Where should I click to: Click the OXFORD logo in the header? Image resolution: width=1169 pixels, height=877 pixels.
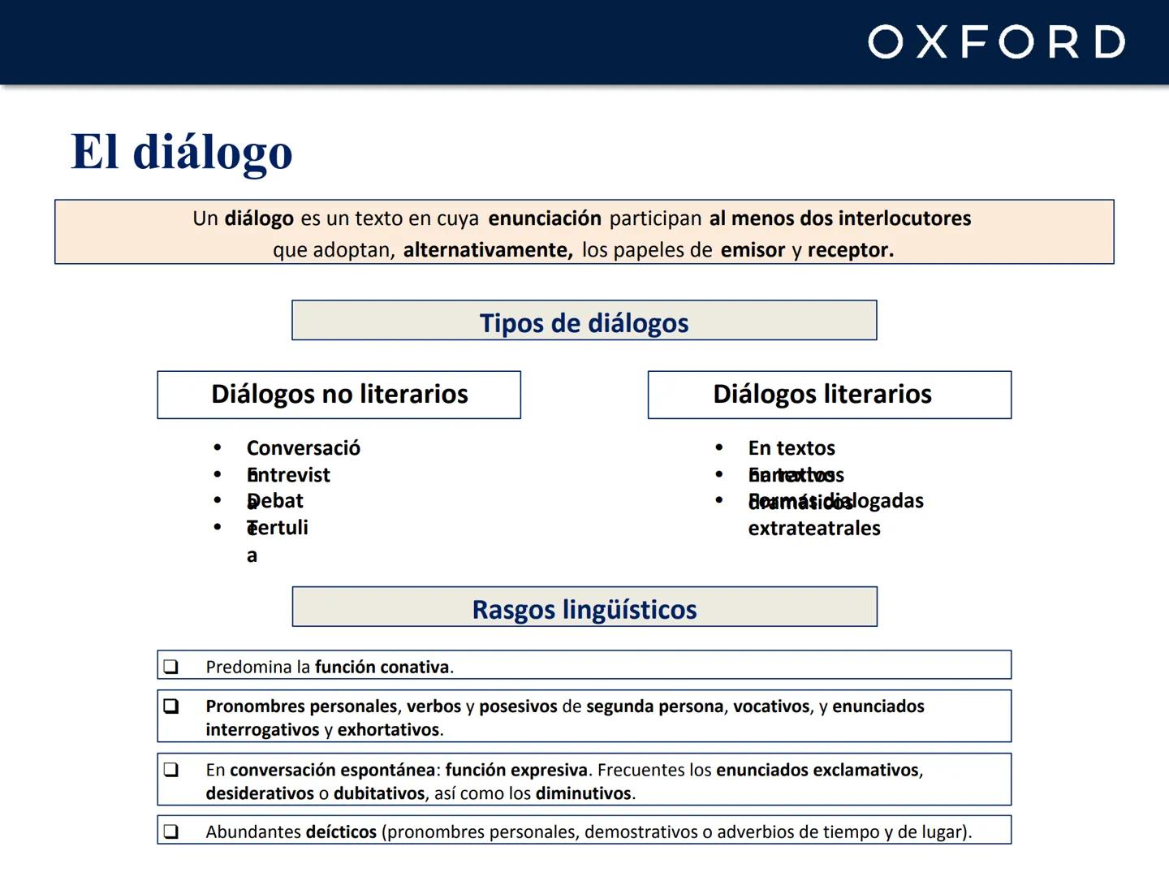click(x=996, y=41)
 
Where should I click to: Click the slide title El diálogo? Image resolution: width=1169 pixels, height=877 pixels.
click(x=182, y=152)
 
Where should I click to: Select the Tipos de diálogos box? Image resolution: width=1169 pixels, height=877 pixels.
click(x=584, y=322)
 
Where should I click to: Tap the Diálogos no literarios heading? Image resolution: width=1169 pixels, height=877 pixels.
click(x=339, y=395)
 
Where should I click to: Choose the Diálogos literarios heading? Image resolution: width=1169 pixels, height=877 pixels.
click(x=822, y=395)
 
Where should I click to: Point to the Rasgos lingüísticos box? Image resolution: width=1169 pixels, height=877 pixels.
click(x=584, y=608)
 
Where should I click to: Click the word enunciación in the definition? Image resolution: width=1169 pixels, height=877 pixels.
click(x=545, y=218)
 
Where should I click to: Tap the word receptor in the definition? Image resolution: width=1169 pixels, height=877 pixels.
click(x=850, y=250)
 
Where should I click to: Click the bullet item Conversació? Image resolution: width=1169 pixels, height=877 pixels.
click(x=303, y=448)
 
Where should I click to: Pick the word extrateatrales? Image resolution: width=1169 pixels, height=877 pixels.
click(x=814, y=529)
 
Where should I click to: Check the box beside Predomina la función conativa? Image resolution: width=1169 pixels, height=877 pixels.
click(x=170, y=667)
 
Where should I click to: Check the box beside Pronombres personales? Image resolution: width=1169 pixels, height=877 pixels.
click(x=170, y=706)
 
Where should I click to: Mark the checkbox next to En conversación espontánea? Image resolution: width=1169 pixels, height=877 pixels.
click(x=170, y=770)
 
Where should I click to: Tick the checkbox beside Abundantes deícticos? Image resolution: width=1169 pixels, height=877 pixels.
click(x=170, y=832)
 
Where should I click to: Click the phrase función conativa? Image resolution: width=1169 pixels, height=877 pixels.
click(x=382, y=667)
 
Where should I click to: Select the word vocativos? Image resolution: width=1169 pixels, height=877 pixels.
click(x=771, y=706)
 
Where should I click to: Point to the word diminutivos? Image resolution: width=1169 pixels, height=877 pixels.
click(x=584, y=793)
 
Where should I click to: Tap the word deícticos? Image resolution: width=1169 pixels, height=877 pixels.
click(x=341, y=832)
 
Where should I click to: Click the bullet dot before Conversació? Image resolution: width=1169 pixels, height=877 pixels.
click(x=218, y=448)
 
